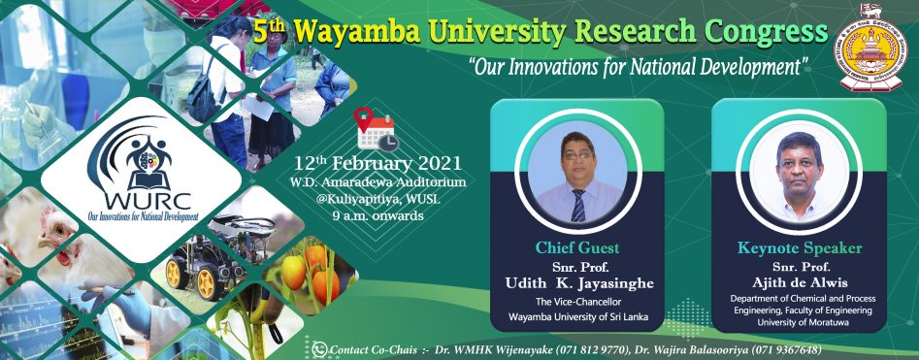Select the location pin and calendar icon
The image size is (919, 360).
[x=377, y=128]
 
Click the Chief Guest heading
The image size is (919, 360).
[x=576, y=247]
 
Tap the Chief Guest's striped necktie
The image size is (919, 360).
[x=578, y=205]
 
